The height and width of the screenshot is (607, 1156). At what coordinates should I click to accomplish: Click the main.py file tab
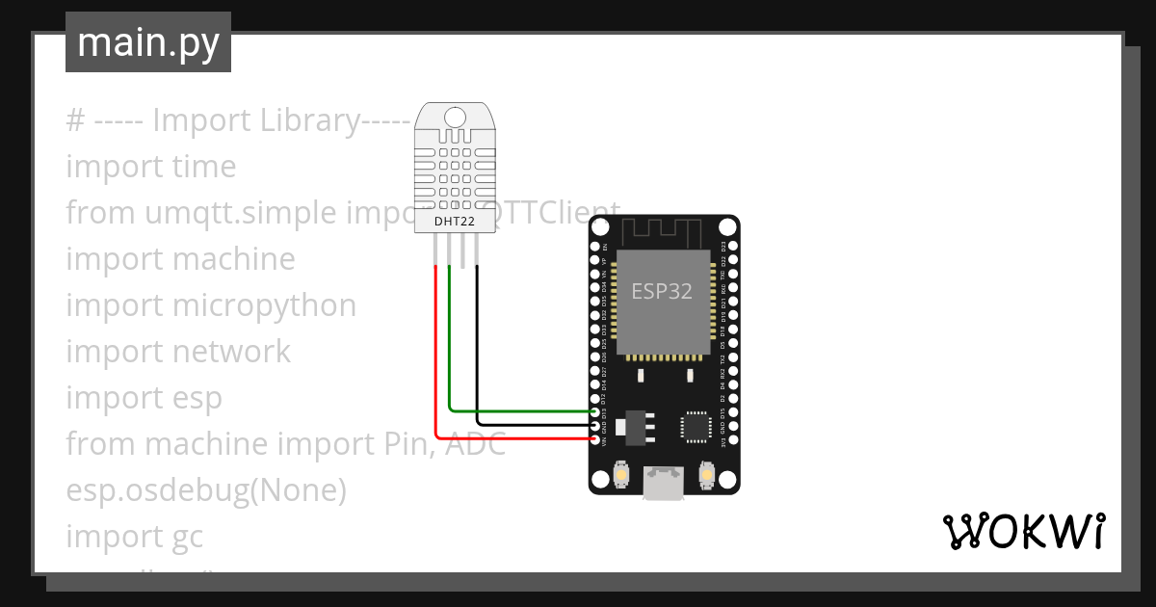[148, 42]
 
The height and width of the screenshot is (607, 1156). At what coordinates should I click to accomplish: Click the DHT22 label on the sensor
[454, 222]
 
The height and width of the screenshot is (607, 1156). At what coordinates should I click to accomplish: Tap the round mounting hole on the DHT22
[454, 118]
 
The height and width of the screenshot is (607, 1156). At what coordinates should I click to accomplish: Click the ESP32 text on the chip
[662, 291]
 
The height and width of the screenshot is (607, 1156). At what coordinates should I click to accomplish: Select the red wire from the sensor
[436, 366]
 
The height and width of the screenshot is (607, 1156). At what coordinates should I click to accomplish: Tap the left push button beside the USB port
[621, 476]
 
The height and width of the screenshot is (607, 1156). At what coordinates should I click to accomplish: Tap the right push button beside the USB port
[706, 476]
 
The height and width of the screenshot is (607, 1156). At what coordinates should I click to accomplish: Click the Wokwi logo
[1022, 532]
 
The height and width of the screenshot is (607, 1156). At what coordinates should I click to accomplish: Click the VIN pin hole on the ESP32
[595, 439]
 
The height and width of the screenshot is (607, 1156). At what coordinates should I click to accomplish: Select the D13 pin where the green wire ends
[595, 411]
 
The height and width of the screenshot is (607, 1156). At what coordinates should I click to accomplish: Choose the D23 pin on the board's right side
[733, 246]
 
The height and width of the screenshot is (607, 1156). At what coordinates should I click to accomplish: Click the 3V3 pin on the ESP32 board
[733, 440]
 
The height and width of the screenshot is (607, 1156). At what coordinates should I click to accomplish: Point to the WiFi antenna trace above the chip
[664, 232]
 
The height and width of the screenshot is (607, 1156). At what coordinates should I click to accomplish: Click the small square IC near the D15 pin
[695, 425]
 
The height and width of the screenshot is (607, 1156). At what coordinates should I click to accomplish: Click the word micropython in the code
[264, 305]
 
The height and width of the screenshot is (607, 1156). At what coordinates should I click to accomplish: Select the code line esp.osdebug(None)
[206, 490]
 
